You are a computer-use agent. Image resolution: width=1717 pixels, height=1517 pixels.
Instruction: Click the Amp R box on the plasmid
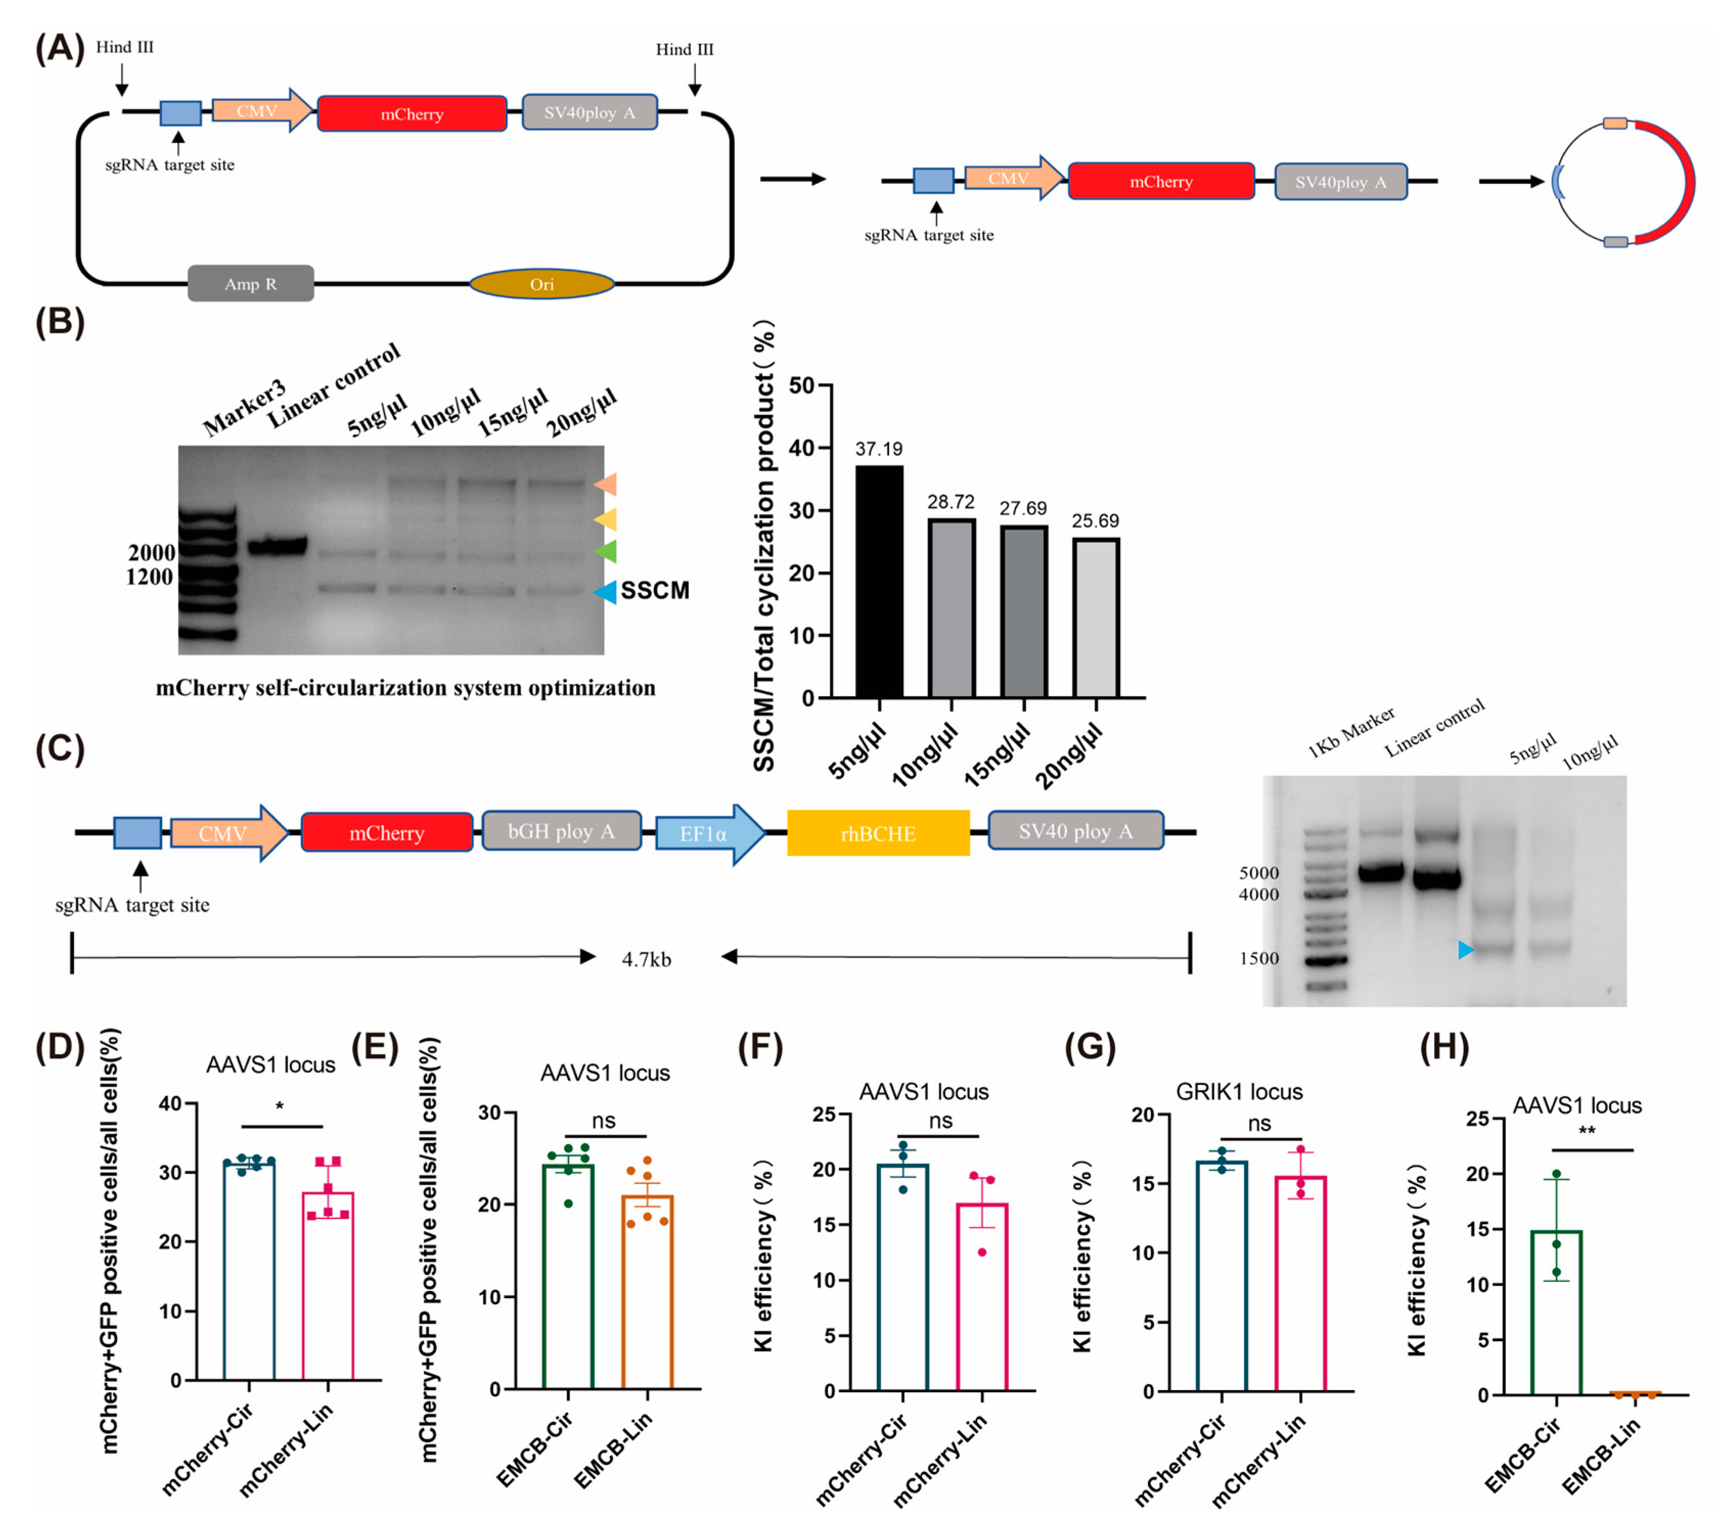coord(251,284)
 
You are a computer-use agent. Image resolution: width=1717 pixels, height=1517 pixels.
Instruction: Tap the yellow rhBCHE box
coord(878,833)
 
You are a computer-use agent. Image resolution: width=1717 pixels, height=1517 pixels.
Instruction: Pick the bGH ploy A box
coord(560,831)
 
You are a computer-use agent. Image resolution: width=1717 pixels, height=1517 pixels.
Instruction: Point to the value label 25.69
coord(1095,521)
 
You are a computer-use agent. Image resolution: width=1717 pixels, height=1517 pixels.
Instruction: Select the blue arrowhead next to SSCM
coord(605,592)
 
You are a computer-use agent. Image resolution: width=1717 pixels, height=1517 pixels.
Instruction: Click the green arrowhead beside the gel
coord(605,551)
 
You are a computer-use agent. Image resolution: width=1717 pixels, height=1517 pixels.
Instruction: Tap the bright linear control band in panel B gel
coord(277,547)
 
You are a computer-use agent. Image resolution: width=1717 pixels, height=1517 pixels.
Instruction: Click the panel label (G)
coord(1090,1048)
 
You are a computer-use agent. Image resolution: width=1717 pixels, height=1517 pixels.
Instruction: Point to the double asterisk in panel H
coord(1586,1130)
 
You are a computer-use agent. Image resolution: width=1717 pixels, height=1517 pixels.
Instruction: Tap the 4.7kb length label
coord(646,959)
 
